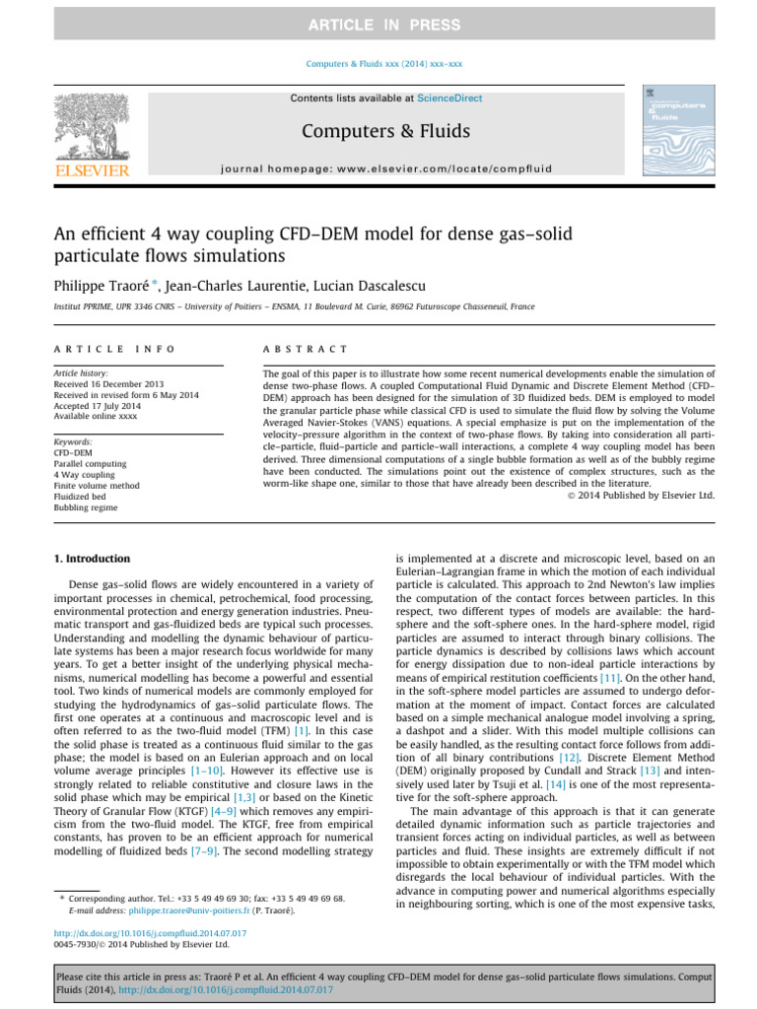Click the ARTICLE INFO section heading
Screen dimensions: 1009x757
[114, 349]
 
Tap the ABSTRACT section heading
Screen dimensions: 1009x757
[306, 349]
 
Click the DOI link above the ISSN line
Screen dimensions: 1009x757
[151, 932]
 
